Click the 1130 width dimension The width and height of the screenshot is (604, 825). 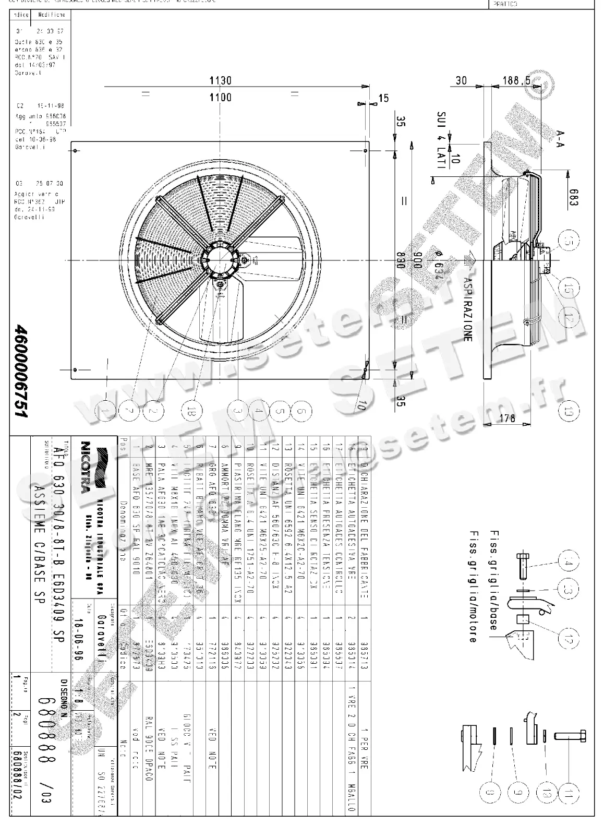click(x=220, y=80)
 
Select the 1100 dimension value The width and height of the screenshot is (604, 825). click(x=220, y=97)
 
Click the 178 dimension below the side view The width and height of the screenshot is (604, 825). click(x=507, y=417)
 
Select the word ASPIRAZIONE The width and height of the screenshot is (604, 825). click(x=467, y=307)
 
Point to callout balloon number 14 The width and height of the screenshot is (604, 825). click(x=567, y=562)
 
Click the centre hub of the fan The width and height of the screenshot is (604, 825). click(x=220, y=260)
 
